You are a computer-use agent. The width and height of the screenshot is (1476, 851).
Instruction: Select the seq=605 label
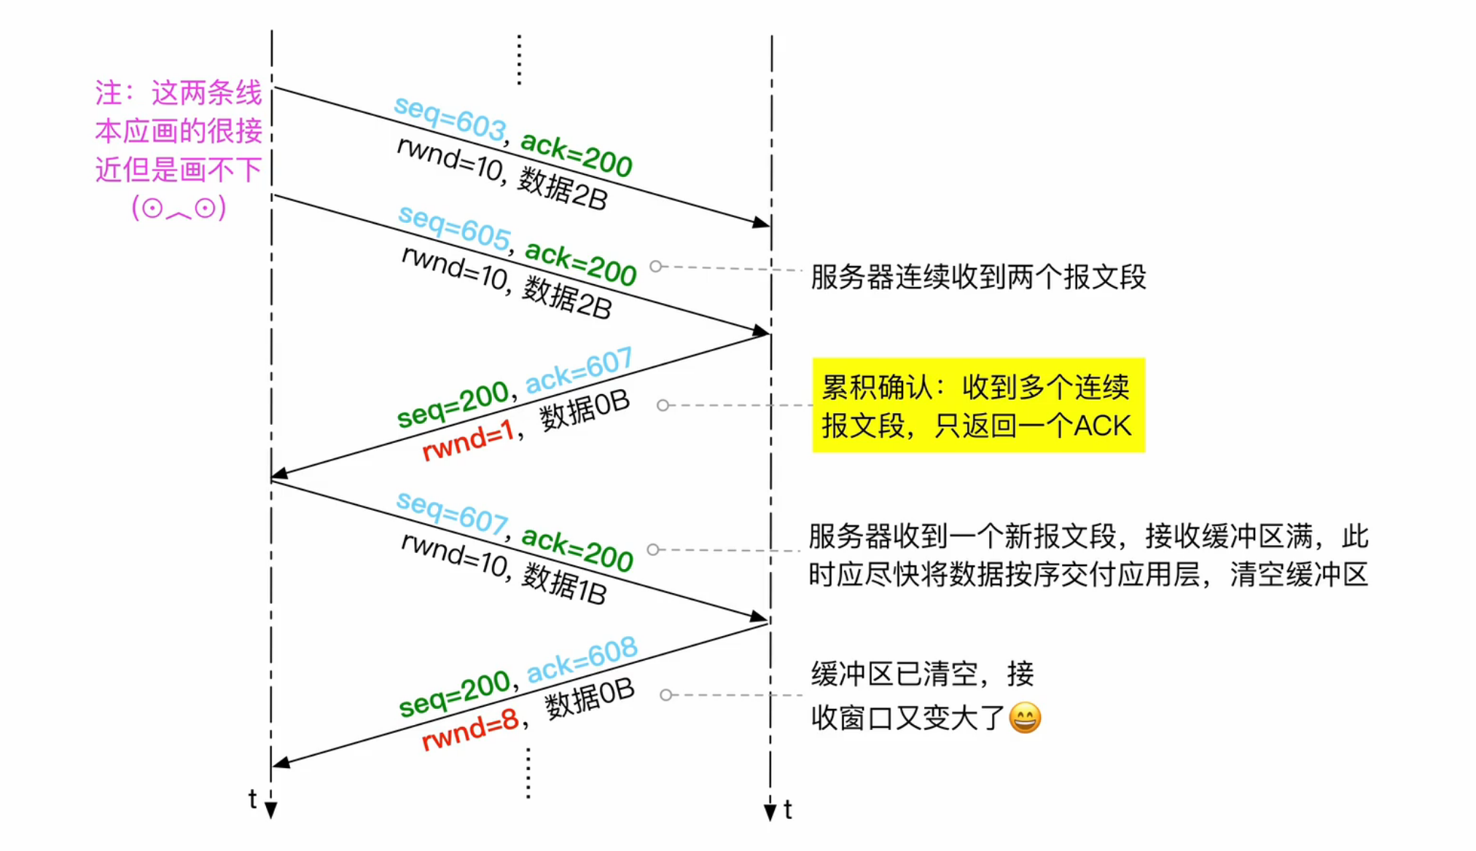point(453,227)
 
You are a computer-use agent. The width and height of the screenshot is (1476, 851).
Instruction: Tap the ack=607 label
point(579,370)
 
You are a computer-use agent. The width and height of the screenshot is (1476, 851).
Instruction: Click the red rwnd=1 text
point(468,441)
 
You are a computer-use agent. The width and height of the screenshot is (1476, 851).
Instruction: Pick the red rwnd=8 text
point(470,730)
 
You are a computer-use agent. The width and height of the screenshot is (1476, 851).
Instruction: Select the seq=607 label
point(451,512)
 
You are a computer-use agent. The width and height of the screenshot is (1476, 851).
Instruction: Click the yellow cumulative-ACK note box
point(977,405)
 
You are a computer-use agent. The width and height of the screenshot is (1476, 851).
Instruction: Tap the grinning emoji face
point(1025,718)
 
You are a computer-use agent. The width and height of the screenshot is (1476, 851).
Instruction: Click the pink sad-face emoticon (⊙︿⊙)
point(179,208)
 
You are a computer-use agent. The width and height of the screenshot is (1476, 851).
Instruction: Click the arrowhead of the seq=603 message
point(761,222)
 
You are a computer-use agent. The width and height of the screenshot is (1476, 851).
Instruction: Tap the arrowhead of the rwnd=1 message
point(280,474)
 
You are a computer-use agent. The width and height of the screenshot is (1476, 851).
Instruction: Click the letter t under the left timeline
point(252,799)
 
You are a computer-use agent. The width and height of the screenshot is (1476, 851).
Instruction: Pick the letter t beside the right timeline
point(788,809)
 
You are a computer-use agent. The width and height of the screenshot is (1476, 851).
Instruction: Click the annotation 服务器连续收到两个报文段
point(978,277)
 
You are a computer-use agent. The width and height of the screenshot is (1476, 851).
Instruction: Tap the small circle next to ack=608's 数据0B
point(665,695)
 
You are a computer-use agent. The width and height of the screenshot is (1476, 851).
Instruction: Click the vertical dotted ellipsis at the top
point(519,60)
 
